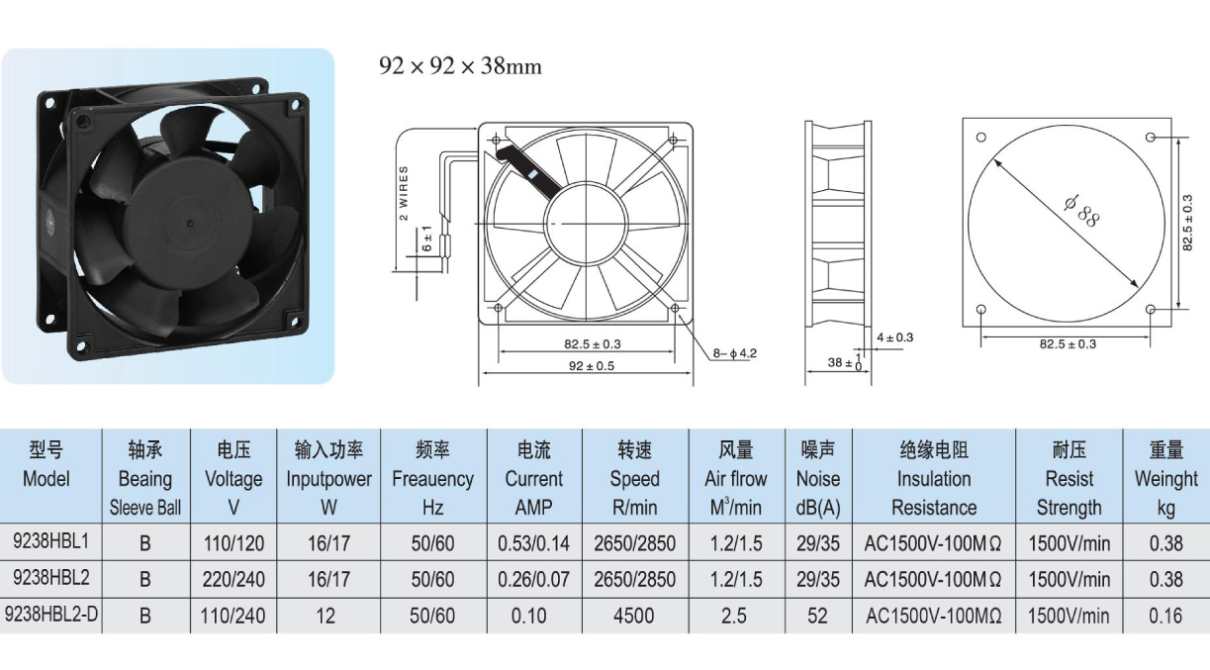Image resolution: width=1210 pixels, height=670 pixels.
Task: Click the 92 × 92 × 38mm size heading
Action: coord(460,66)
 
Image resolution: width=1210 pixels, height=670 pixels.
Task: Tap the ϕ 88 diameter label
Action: coord(1081,211)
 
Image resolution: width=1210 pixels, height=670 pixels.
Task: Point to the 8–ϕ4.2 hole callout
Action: coord(735,353)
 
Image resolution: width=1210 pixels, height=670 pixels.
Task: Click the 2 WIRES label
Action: coord(404,193)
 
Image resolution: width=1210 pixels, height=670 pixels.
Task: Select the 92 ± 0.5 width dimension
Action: coord(592,366)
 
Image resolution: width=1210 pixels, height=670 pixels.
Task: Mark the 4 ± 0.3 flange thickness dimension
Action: coord(894,337)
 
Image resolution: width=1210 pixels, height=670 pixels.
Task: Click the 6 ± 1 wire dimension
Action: coord(427,239)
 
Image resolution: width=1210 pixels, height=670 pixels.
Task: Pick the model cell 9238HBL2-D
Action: coord(51,614)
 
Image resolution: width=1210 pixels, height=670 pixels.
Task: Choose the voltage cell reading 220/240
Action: coord(233,579)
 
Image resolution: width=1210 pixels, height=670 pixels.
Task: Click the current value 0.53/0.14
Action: coord(533,543)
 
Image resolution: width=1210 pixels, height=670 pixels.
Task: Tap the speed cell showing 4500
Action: coord(633,616)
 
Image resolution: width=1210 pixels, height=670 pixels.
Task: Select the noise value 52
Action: coord(817,616)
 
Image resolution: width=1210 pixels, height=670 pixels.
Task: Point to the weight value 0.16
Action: coord(1165,616)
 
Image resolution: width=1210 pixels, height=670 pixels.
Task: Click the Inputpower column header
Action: coord(328,479)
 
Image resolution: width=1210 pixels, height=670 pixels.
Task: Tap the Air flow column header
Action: coord(736,479)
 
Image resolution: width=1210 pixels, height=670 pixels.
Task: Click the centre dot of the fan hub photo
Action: coord(191,222)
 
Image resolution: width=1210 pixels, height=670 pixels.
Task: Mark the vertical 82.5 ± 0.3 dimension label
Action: coord(1187,223)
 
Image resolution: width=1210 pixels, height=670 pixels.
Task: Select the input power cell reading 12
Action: coord(326,616)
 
